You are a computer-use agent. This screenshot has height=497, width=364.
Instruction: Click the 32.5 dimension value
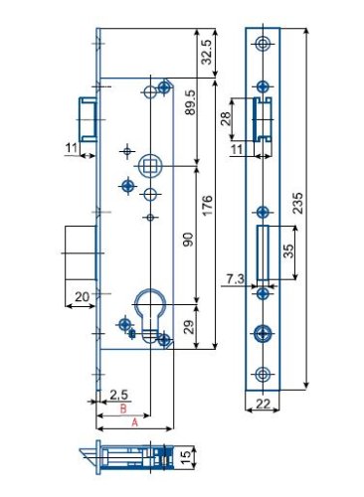(206, 52)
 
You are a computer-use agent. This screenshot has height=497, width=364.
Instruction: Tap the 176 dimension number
(207, 206)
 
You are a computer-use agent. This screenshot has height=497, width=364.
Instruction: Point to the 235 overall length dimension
(298, 203)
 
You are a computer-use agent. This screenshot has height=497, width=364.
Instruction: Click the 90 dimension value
(188, 240)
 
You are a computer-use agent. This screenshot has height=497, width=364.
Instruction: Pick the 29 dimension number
(188, 327)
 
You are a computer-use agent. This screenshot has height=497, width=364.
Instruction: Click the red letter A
(134, 422)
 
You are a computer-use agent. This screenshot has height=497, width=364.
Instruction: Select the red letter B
(123, 409)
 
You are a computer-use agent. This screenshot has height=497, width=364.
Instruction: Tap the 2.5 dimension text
(118, 395)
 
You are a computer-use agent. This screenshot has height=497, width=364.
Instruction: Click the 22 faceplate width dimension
(264, 405)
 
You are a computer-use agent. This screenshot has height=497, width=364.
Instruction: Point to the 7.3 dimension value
(236, 279)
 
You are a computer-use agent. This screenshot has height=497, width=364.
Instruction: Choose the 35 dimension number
(288, 250)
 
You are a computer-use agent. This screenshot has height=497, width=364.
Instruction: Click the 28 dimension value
(226, 118)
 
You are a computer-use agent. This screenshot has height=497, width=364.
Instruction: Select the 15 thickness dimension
(186, 457)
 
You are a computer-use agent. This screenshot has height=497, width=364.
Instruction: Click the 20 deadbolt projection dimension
(82, 297)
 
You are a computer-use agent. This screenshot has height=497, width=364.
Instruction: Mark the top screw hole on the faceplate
(264, 43)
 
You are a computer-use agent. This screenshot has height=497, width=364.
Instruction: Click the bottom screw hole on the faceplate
(264, 375)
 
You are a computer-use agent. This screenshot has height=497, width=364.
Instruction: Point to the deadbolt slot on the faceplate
(263, 252)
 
